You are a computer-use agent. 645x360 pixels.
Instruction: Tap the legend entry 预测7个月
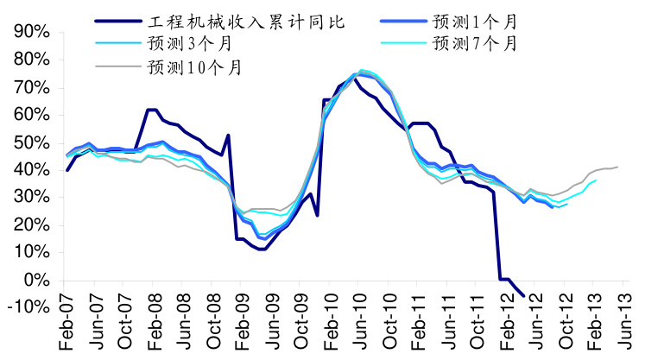click(x=475, y=43)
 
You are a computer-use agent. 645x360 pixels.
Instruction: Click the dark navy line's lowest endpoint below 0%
click(x=523, y=296)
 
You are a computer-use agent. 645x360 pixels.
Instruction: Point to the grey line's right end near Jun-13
click(x=617, y=167)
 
